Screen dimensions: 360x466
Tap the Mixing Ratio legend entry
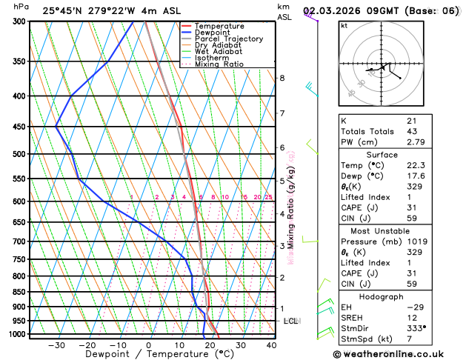(x=223, y=64)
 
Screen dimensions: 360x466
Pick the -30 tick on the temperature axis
(x=56, y=345)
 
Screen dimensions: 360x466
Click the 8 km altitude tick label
(x=282, y=78)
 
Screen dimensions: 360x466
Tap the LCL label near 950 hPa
(x=291, y=321)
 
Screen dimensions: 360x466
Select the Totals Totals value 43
(x=411, y=131)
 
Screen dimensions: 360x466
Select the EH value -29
(x=414, y=307)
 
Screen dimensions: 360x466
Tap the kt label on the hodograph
(x=344, y=25)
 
